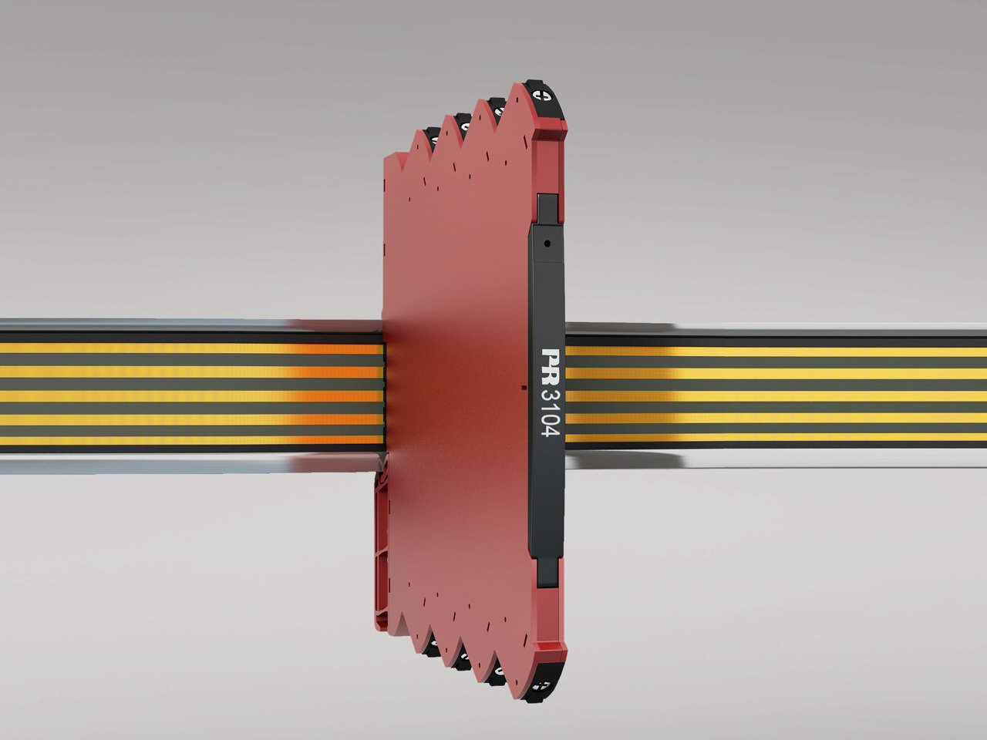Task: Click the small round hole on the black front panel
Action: pos(547,244)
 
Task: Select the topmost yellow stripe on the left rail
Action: pos(193,348)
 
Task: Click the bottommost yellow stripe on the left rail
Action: pos(193,440)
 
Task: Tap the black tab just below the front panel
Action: pos(547,570)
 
